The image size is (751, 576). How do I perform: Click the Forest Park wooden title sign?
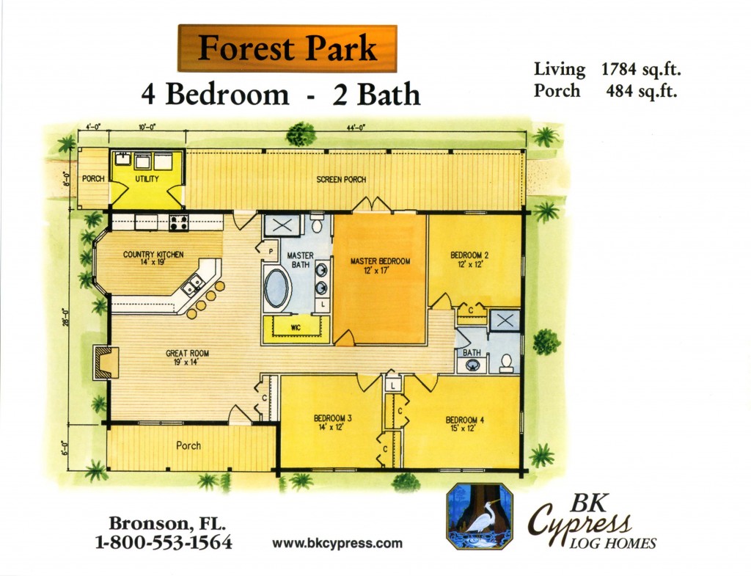[x=287, y=48]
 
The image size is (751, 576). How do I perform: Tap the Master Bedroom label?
[x=380, y=266]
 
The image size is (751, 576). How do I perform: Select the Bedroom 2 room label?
[x=469, y=260]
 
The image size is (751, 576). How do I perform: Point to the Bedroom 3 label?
[x=332, y=423]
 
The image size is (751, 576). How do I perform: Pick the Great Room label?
[x=187, y=357]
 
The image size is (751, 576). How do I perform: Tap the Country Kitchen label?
[x=153, y=258]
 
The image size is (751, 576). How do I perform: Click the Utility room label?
[x=147, y=179]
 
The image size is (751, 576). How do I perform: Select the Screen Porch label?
[x=341, y=180]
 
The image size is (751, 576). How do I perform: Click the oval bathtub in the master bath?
[x=276, y=288]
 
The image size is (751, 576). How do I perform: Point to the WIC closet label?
[x=296, y=328]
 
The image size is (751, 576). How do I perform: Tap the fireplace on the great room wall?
[x=106, y=362]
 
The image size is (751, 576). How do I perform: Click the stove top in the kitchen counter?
[x=179, y=222]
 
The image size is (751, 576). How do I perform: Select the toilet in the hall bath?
[x=506, y=363]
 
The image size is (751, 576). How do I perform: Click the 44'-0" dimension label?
[x=356, y=128]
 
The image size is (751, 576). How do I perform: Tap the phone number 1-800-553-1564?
[x=164, y=542]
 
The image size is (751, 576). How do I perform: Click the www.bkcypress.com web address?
[x=337, y=544]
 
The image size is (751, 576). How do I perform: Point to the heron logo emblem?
[x=480, y=516]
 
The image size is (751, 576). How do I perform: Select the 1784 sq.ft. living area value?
[x=641, y=70]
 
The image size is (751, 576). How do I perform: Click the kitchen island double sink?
[x=194, y=285]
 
